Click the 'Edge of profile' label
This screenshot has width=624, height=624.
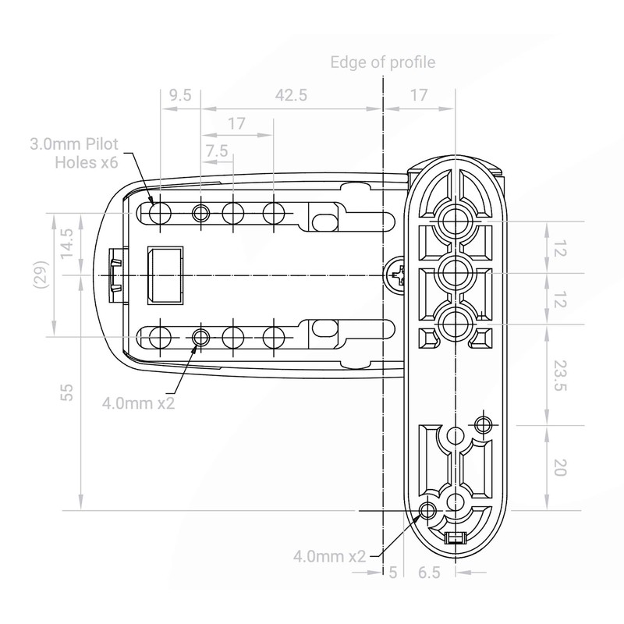[x=383, y=62]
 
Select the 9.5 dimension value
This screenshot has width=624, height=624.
[x=180, y=95]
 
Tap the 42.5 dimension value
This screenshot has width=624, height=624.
[x=291, y=95]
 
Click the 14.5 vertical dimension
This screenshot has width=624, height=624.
[x=67, y=244]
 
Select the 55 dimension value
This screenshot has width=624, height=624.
[x=67, y=392]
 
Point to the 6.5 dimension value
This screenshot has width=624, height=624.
[x=429, y=573]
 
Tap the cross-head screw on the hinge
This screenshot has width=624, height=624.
[x=396, y=275]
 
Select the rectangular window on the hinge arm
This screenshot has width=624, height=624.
[x=165, y=275]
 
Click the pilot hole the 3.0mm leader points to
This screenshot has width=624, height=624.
[x=159, y=213]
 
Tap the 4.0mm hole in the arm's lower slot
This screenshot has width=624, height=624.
[x=201, y=337]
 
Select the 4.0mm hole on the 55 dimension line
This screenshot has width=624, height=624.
[x=427, y=510]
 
